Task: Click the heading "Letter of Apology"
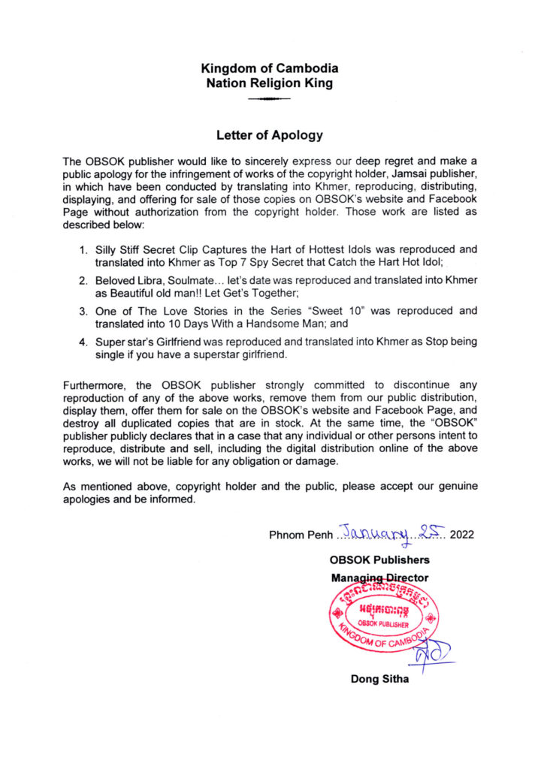point(269,136)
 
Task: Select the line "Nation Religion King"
point(269,84)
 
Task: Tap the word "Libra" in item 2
point(150,279)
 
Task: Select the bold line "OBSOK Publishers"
point(379,559)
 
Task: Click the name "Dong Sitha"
point(379,680)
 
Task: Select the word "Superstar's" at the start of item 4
point(125,342)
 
